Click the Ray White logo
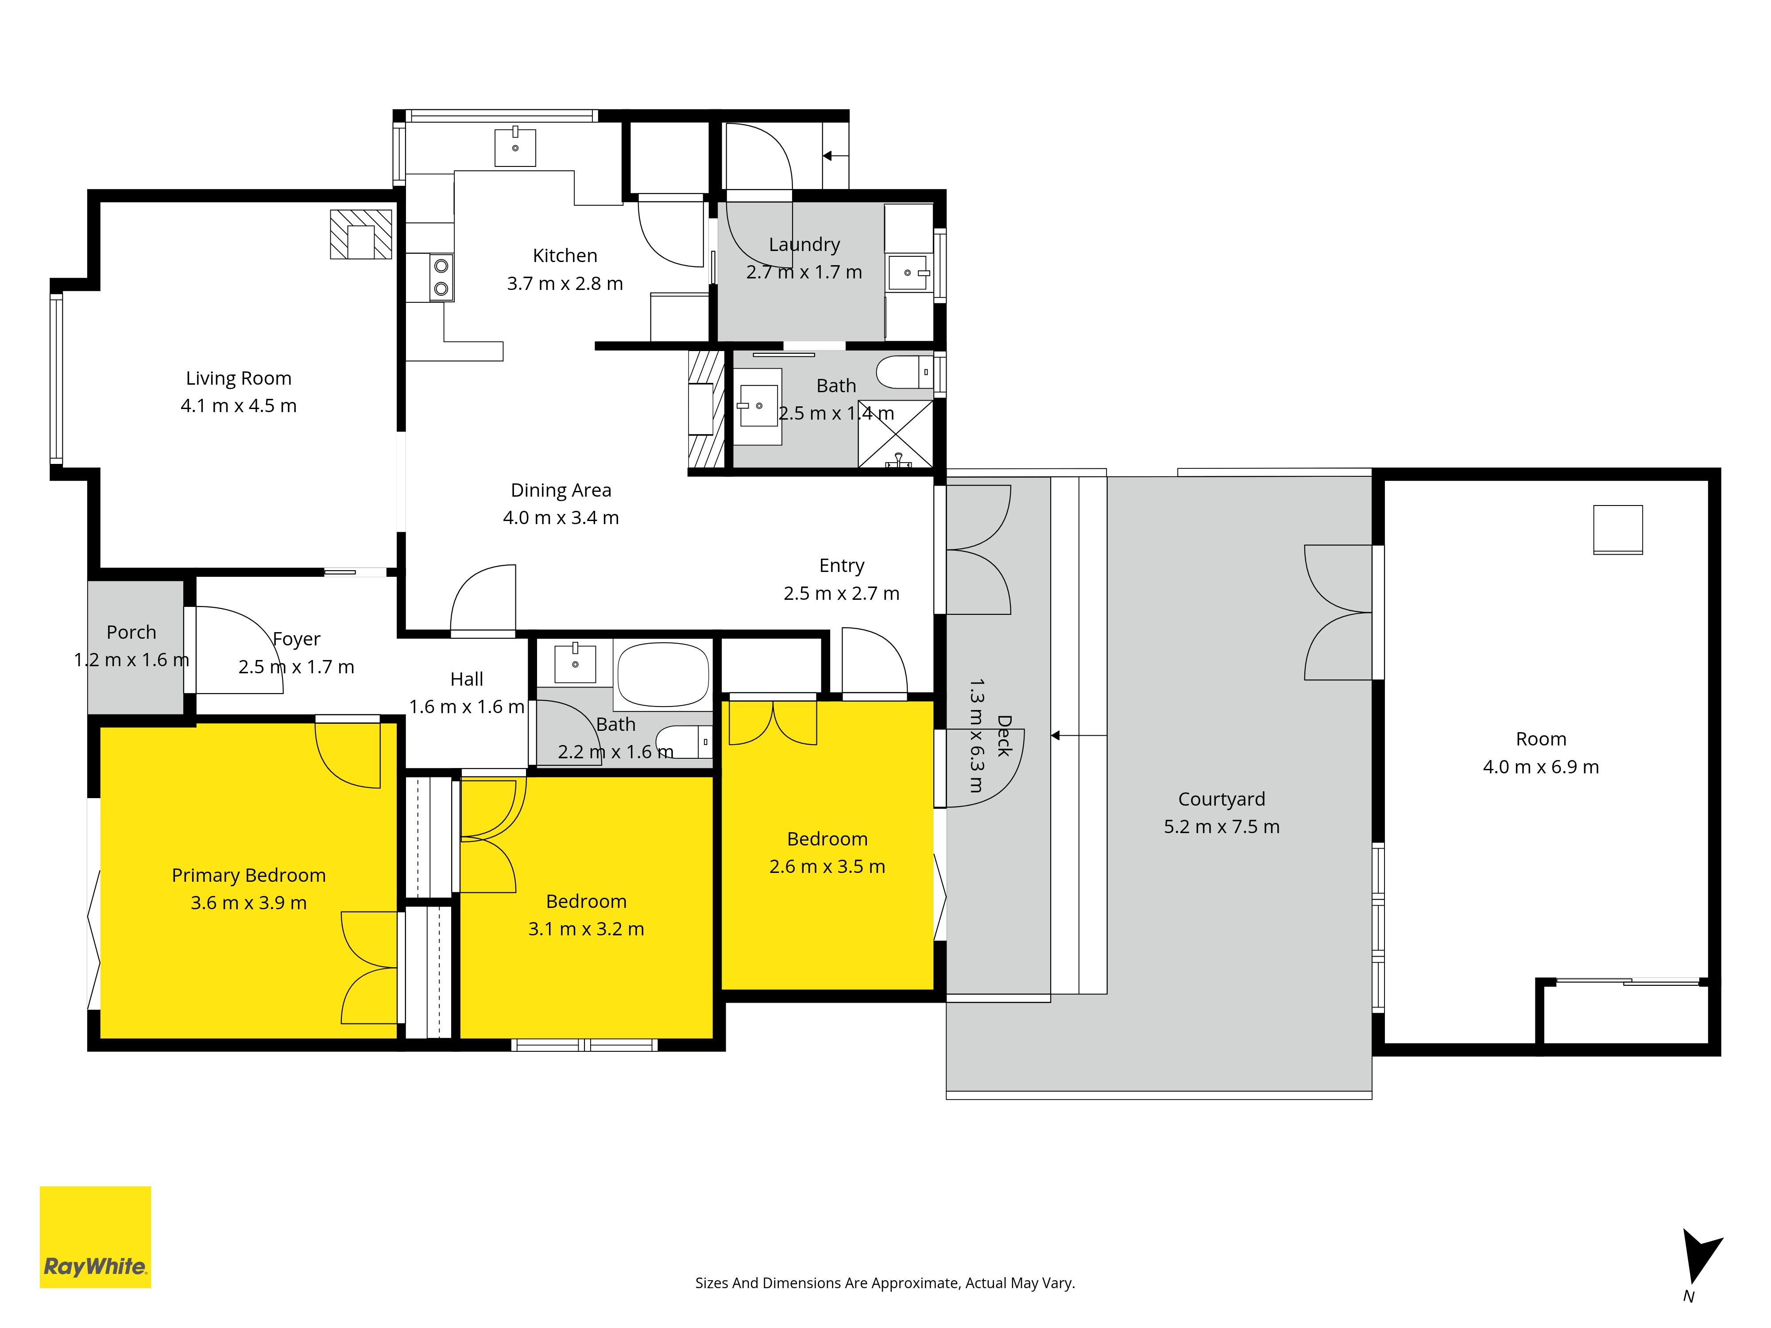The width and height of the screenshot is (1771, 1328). [x=95, y=1237]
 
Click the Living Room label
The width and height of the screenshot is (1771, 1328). [x=239, y=378]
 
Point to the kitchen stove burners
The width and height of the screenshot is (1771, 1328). [x=441, y=277]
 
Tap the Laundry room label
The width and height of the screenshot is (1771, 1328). [x=804, y=245]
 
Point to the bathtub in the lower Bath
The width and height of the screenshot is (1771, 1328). [x=663, y=674]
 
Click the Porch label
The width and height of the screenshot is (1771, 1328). [x=131, y=633]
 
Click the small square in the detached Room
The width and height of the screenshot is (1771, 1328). [x=1618, y=529]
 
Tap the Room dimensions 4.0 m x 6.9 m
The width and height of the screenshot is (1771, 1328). [x=1541, y=767]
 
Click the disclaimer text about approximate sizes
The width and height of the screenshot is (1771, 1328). [x=885, y=1283]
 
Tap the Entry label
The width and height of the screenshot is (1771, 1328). [x=842, y=566]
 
